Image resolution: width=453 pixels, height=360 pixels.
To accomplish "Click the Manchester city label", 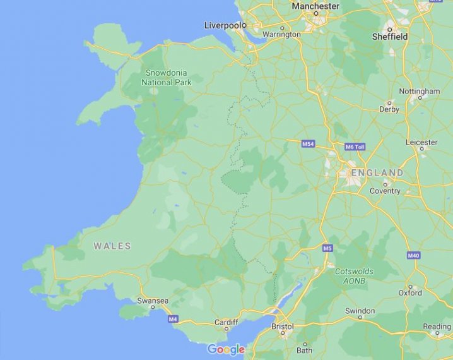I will pos(315,6).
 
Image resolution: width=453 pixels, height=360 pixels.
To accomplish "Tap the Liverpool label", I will pos(224,25).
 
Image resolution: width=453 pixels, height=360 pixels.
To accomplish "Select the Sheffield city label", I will pos(389,37).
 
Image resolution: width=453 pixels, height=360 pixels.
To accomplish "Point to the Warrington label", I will pos(281,34).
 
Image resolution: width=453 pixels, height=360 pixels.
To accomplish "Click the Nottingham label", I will pos(420,92).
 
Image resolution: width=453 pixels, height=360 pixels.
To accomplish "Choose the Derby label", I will pos(389,109).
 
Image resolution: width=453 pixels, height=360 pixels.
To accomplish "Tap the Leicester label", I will pos(421,142).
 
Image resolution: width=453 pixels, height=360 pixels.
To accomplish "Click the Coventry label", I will pos(385,191).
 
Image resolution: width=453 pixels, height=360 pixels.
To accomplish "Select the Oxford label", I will pos(410,292).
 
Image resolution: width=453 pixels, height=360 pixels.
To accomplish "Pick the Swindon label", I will pos(360,311).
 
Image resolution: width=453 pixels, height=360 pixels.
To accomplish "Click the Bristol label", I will pos(283,327).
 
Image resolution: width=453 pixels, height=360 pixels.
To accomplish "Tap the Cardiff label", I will pos(226,321).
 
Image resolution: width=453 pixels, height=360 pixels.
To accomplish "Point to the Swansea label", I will pos(153,301).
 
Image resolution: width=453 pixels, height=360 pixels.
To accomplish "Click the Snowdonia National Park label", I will pos(167,77).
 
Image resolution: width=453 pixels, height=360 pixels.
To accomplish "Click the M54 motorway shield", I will pos(308,145).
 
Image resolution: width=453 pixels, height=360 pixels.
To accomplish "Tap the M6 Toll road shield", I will pos(355,147).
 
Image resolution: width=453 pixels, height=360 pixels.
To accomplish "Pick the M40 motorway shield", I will pos(413,255).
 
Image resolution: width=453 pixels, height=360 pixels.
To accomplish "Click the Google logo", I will pos(226,349).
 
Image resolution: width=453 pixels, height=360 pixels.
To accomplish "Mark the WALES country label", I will pos(112,246).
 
